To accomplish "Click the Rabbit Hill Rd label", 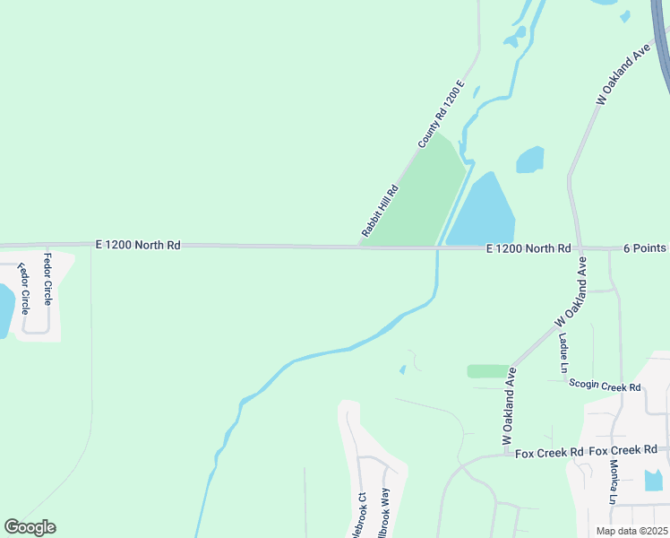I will [x=380, y=209].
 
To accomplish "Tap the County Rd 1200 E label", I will [x=442, y=115].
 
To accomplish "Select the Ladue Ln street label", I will [x=563, y=352].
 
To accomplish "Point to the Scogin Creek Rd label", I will [x=606, y=386].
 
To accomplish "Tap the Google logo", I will [x=30, y=527].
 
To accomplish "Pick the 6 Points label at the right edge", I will [x=646, y=247].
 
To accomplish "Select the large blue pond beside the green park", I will [x=483, y=212].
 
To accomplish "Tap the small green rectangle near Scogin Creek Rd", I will [x=487, y=370].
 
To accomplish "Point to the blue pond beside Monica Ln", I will [x=653, y=481].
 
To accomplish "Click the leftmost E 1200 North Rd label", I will [x=139, y=244].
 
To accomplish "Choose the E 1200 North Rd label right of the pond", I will [x=528, y=248].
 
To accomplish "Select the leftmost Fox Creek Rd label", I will [x=549, y=452].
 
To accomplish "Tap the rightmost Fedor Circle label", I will [x=47, y=278].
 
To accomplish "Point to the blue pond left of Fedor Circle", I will [x=4, y=309].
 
